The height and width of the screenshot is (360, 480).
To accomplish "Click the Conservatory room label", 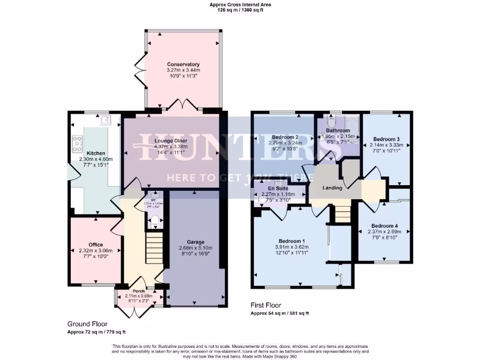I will (x=183, y=64).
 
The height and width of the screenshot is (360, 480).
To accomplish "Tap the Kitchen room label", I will (x=96, y=153).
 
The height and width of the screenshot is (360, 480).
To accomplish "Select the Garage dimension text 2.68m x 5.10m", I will (x=195, y=248).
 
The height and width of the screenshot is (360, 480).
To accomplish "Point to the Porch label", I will (x=139, y=291).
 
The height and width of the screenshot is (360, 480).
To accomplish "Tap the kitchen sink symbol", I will (x=105, y=120).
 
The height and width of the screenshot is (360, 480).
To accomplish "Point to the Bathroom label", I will (x=338, y=130).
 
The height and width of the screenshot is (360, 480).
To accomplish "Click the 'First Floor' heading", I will (x=266, y=305).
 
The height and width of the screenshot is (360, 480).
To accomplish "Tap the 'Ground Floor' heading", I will (x=87, y=324).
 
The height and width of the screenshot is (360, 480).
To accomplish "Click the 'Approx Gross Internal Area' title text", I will (x=240, y=5).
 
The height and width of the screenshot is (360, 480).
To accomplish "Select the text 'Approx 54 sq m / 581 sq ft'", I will (x=279, y=313).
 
